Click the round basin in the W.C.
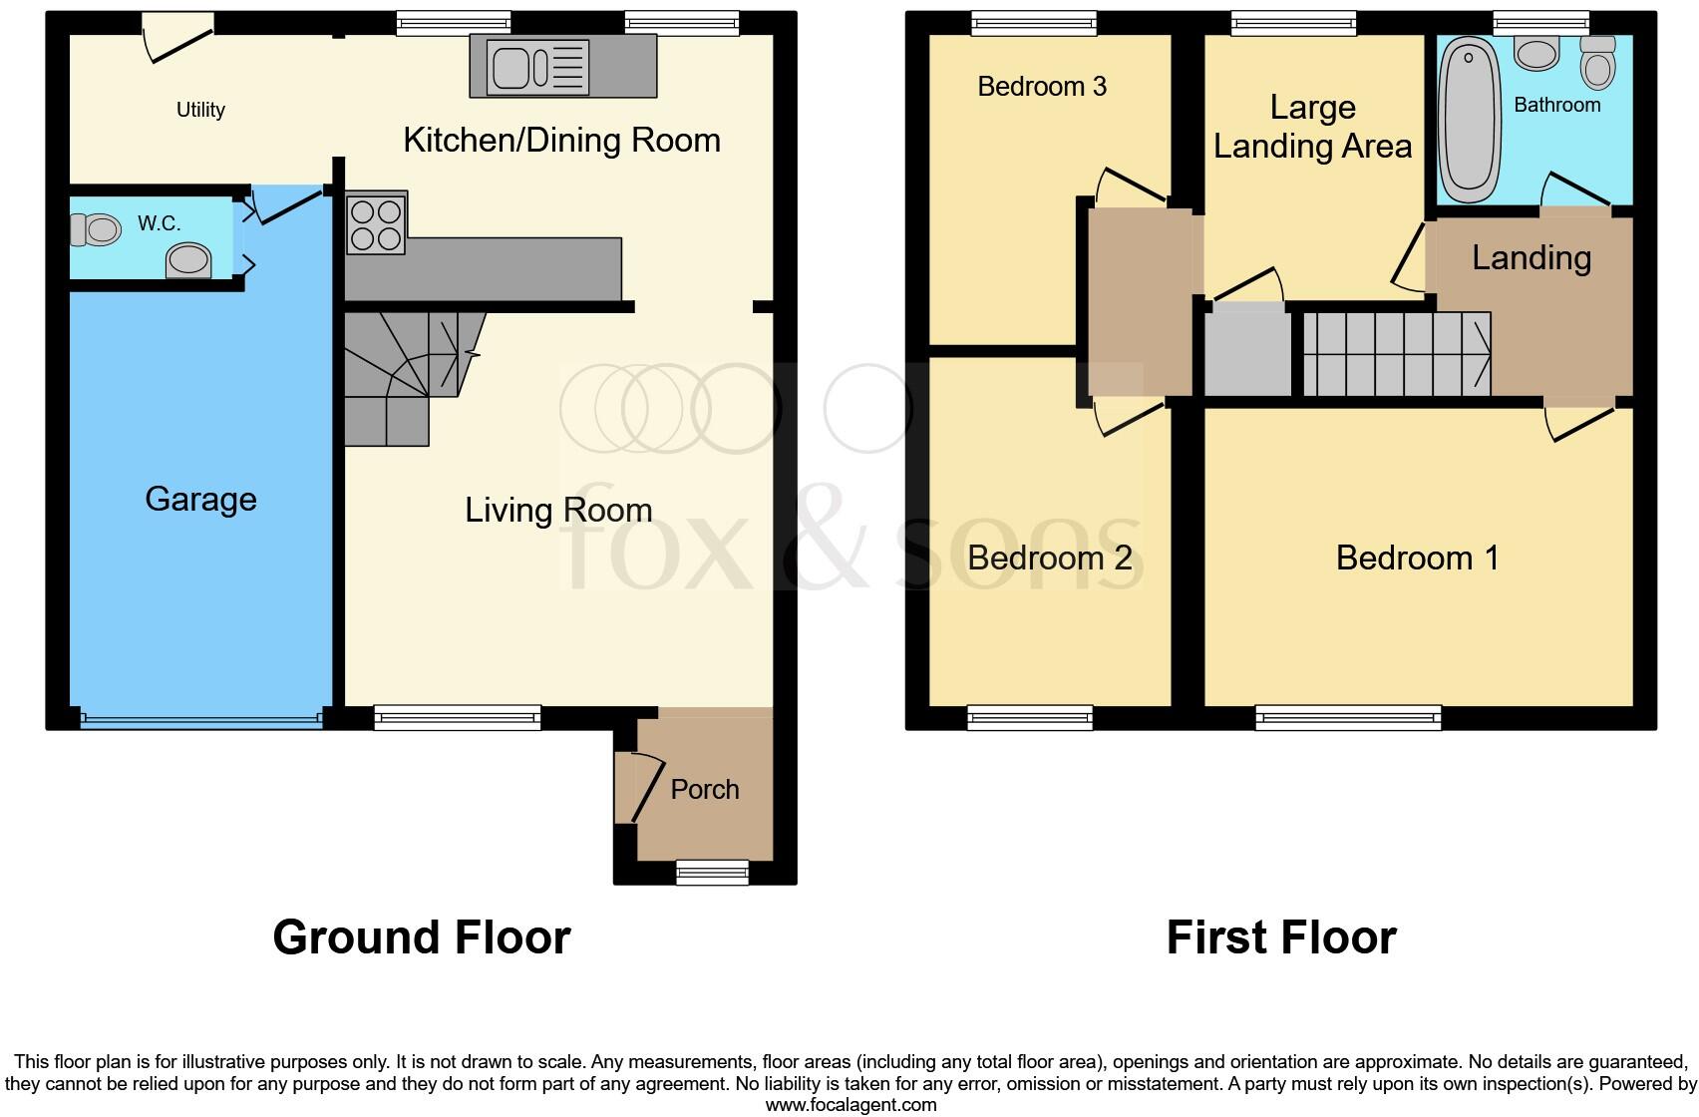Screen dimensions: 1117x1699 [x=189, y=262]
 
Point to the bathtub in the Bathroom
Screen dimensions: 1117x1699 [x=1470, y=120]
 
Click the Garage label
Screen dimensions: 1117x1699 [x=200, y=499]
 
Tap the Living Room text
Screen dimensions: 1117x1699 [x=558, y=511]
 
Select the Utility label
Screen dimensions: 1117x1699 [x=200, y=110]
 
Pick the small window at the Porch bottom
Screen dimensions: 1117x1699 [x=712, y=873]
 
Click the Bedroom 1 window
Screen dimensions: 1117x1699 [x=1348, y=717]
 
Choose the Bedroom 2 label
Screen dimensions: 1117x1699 [x=1049, y=558]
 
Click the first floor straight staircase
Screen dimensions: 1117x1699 [x=1396, y=354]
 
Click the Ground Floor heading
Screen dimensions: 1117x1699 [x=421, y=937]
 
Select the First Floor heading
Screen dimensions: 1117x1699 [x=1280, y=937]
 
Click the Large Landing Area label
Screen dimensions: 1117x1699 [x=1312, y=127]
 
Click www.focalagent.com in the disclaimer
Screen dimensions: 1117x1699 [x=850, y=1104]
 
